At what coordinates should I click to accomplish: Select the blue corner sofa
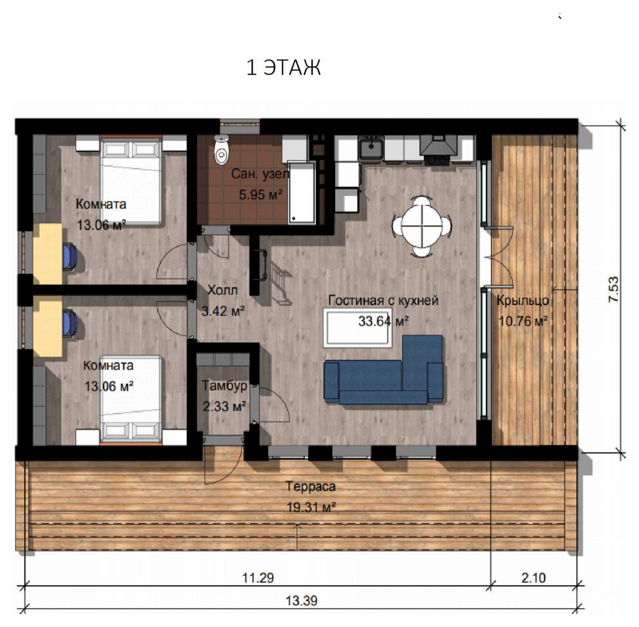coord(384,370)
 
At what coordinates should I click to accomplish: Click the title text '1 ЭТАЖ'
coord(284,68)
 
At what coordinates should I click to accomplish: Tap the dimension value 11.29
coord(258,578)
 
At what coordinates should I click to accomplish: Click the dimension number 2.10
coord(534,578)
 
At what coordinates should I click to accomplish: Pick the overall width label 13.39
coord(301,601)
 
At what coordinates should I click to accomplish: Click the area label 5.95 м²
coord(261,194)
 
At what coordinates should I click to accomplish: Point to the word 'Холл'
coord(223,290)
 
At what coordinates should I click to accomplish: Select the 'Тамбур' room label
coord(225,386)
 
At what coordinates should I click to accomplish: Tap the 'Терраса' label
coord(311,486)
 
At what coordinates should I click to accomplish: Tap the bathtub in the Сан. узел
coord(302,192)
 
